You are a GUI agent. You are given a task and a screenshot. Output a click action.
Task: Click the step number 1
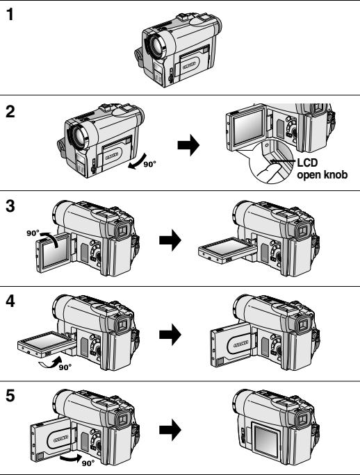[x=10, y=15]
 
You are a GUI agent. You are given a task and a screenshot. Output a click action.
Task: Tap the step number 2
[x=10, y=112]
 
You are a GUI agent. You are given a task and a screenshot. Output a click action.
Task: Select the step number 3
[x=10, y=206]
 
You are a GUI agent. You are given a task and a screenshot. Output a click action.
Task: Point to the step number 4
[x=10, y=301]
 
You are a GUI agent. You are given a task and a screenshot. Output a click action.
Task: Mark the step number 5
[x=10, y=396]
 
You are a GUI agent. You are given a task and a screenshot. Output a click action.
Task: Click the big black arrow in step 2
[x=188, y=145]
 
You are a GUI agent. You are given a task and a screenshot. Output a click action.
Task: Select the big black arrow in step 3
[x=170, y=240]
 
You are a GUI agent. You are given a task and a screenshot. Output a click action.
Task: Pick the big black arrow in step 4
[x=170, y=335]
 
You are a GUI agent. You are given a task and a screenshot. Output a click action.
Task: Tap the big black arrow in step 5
[x=170, y=429]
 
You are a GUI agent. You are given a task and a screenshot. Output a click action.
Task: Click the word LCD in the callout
[x=307, y=162]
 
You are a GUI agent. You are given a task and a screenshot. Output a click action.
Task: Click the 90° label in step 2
[x=149, y=164]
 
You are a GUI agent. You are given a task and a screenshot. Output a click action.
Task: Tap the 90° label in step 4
[x=65, y=367]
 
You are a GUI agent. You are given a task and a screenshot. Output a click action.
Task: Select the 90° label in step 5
[x=88, y=463]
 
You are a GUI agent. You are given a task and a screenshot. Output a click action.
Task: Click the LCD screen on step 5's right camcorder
[x=266, y=441]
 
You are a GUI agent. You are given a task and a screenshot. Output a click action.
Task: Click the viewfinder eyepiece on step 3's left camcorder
[x=123, y=231]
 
